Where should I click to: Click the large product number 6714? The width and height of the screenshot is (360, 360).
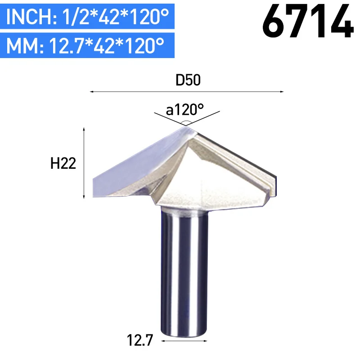click(308, 21)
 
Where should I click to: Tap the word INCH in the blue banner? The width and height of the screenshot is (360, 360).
click(31, 17)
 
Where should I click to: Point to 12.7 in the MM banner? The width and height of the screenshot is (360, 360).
click(66, 45)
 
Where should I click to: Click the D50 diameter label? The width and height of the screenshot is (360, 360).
click(188, 80)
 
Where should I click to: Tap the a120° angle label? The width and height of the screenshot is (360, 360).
click(185, 110)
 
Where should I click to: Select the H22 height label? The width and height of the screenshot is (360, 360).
click(63, 163)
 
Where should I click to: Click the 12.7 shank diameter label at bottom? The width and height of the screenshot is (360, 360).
click(140, 340)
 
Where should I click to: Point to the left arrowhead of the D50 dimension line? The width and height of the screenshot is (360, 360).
click(91, 92)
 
